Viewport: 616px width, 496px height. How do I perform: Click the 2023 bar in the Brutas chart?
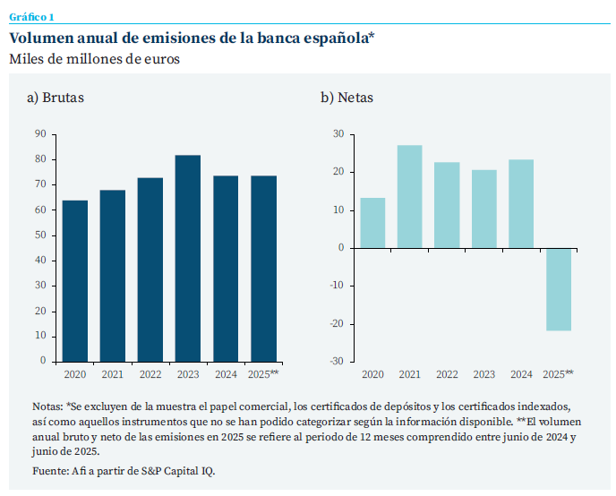[x=187, y=258]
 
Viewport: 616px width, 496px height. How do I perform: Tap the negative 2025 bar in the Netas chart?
[x=559, y=289]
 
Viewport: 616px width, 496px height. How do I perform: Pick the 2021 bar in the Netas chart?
[x=409, y=196]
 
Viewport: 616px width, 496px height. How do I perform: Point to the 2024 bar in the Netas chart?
[x=521, y=203]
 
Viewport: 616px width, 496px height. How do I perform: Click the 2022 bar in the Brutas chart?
[x=150, y=269]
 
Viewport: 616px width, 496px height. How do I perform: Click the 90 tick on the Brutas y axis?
[x=40, y=134]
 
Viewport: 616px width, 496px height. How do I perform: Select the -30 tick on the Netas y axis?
[x=337, y=362]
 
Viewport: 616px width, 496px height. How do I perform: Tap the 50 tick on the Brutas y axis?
[x=40, y=235]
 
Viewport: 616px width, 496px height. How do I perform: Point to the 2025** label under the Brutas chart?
[x=263, y=374]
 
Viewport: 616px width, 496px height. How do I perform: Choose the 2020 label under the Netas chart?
[x=372, y=374]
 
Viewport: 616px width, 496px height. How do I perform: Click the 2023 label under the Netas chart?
[x=483, y=374]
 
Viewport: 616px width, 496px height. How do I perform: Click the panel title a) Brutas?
[x=56, y=97]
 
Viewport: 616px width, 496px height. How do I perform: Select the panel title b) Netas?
[x=347, y=97]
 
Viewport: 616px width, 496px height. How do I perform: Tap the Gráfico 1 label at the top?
[x=31, y=17]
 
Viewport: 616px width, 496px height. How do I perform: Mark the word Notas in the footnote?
[x=47, y=406]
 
